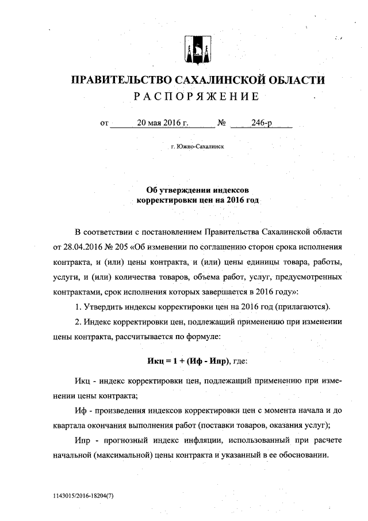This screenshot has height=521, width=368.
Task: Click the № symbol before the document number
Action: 221,123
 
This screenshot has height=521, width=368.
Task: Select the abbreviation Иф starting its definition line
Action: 80,411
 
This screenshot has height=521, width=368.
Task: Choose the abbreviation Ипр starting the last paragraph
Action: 83,441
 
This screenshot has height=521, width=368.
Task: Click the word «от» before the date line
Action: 104,123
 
